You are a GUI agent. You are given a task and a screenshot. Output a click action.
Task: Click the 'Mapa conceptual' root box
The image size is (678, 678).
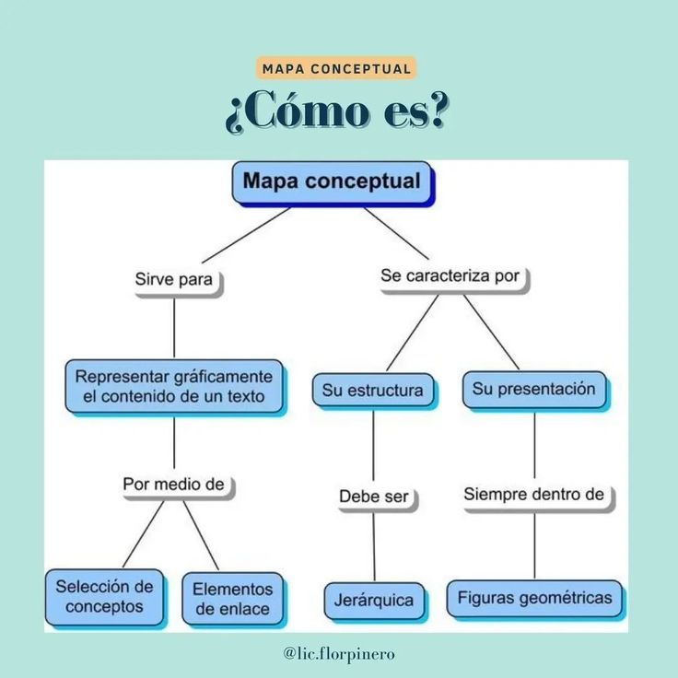click(x=332, y=182)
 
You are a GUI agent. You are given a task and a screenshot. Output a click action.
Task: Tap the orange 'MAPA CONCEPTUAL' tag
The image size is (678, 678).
click(x=336, y=68)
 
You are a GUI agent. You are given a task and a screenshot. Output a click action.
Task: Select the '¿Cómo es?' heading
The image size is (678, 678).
click(x=337, y=111)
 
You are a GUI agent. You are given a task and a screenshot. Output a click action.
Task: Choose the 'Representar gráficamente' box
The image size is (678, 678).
click(x=174, y=386)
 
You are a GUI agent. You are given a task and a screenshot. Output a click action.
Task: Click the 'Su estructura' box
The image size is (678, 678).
click(x=373, y=390)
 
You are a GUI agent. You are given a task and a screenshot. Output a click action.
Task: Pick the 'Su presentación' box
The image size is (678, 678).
click(x=534, y=389)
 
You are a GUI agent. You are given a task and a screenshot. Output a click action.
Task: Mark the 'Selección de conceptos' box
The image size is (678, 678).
click(x=104, y=597)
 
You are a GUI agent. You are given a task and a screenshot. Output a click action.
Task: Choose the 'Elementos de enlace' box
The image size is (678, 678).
click(x=233, y=599)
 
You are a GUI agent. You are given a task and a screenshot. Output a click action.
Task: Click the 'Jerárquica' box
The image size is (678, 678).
click(x=374, y=601)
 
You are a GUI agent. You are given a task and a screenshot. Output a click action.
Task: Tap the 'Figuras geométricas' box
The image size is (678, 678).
click(x=534, y=599)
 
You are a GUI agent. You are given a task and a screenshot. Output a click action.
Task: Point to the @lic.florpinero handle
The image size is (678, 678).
click(x=339, y=653)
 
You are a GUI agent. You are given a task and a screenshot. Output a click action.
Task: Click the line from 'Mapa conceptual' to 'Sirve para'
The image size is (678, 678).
click(x=246, y=235)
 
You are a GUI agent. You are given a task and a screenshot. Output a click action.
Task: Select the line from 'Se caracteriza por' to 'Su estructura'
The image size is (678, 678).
click(x=412, y=333)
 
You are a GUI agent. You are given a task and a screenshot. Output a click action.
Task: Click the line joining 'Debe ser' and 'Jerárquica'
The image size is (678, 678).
click(x=374, y=547)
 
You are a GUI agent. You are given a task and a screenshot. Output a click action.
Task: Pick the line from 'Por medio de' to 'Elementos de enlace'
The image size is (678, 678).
click(x=201, y=535)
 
